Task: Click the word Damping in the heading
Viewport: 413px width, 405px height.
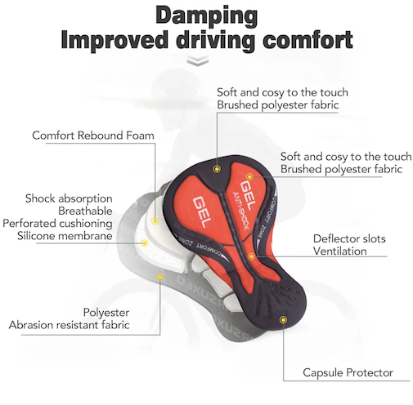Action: (207, 16)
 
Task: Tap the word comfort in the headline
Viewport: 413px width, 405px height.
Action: (308, 40)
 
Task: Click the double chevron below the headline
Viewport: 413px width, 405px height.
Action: (198, 60)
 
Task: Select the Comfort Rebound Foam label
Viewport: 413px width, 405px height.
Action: (93, 136)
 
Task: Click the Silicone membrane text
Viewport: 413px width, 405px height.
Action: (65, 236)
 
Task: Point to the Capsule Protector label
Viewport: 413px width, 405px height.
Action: (348, 372)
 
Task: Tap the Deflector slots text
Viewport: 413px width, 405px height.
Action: (349, 238)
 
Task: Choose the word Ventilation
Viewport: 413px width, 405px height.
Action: (339, 251)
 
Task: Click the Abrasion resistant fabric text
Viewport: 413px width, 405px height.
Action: (69, 325)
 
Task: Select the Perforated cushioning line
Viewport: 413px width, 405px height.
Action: (57, 224)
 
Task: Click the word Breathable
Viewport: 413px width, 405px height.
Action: (85, 211)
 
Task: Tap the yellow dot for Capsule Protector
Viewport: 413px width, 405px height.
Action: (283, 319)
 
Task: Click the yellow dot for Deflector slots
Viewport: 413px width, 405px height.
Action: (251, 256)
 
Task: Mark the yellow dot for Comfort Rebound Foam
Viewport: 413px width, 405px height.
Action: (155, 220)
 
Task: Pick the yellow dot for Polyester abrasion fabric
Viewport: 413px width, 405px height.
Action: (160, 278)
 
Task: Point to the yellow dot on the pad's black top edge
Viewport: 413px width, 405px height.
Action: (217, 169)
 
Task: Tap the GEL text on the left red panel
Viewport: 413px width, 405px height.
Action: (202, 211)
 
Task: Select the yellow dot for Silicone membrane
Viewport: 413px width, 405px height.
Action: (145, 243)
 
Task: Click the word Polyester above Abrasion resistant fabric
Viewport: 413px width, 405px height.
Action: (106, 313)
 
